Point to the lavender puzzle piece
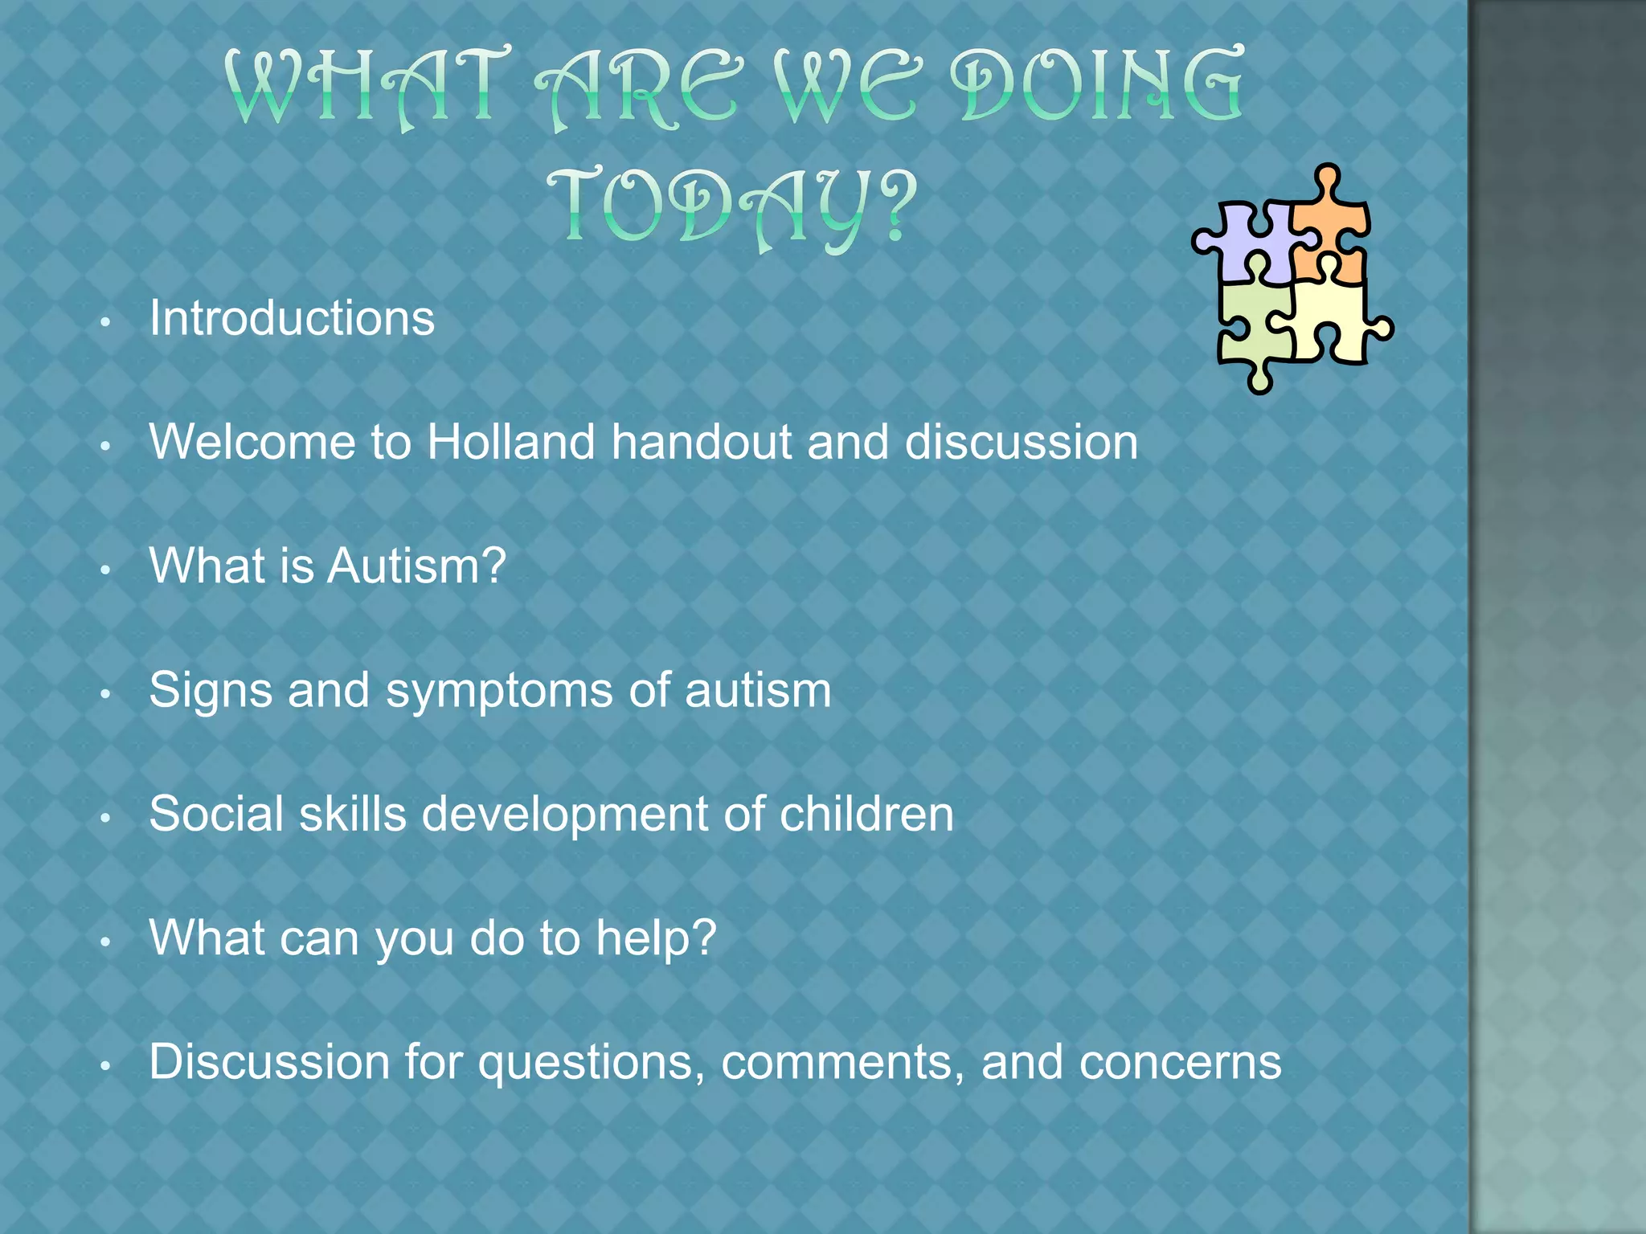coord(1250,241)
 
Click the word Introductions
coord(292,318)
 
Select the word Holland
coord(511,442)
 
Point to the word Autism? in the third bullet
coord(416,566)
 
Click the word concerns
coord(1180,1062)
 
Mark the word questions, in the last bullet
coord(592,1062)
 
